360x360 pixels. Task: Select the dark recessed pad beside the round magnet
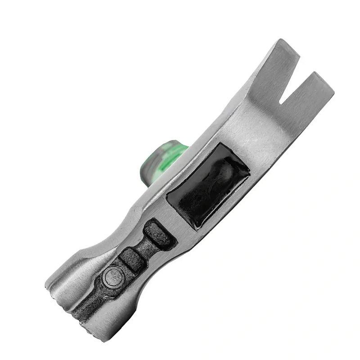tap(132, 260)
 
